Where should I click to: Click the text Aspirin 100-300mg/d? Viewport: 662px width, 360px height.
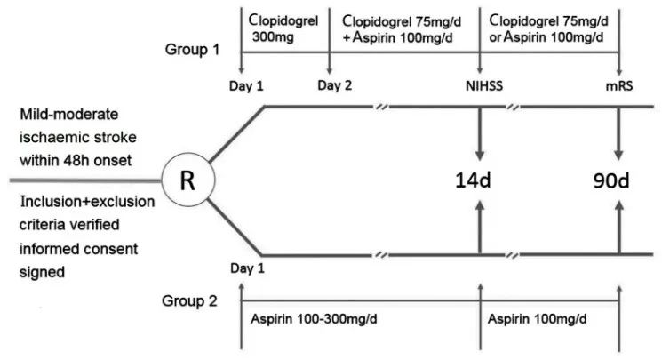(x=309, y=317)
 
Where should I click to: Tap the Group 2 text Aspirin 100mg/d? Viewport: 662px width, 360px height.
(x=538, y=317)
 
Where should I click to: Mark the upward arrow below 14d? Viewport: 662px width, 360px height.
(x=480, y=229)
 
